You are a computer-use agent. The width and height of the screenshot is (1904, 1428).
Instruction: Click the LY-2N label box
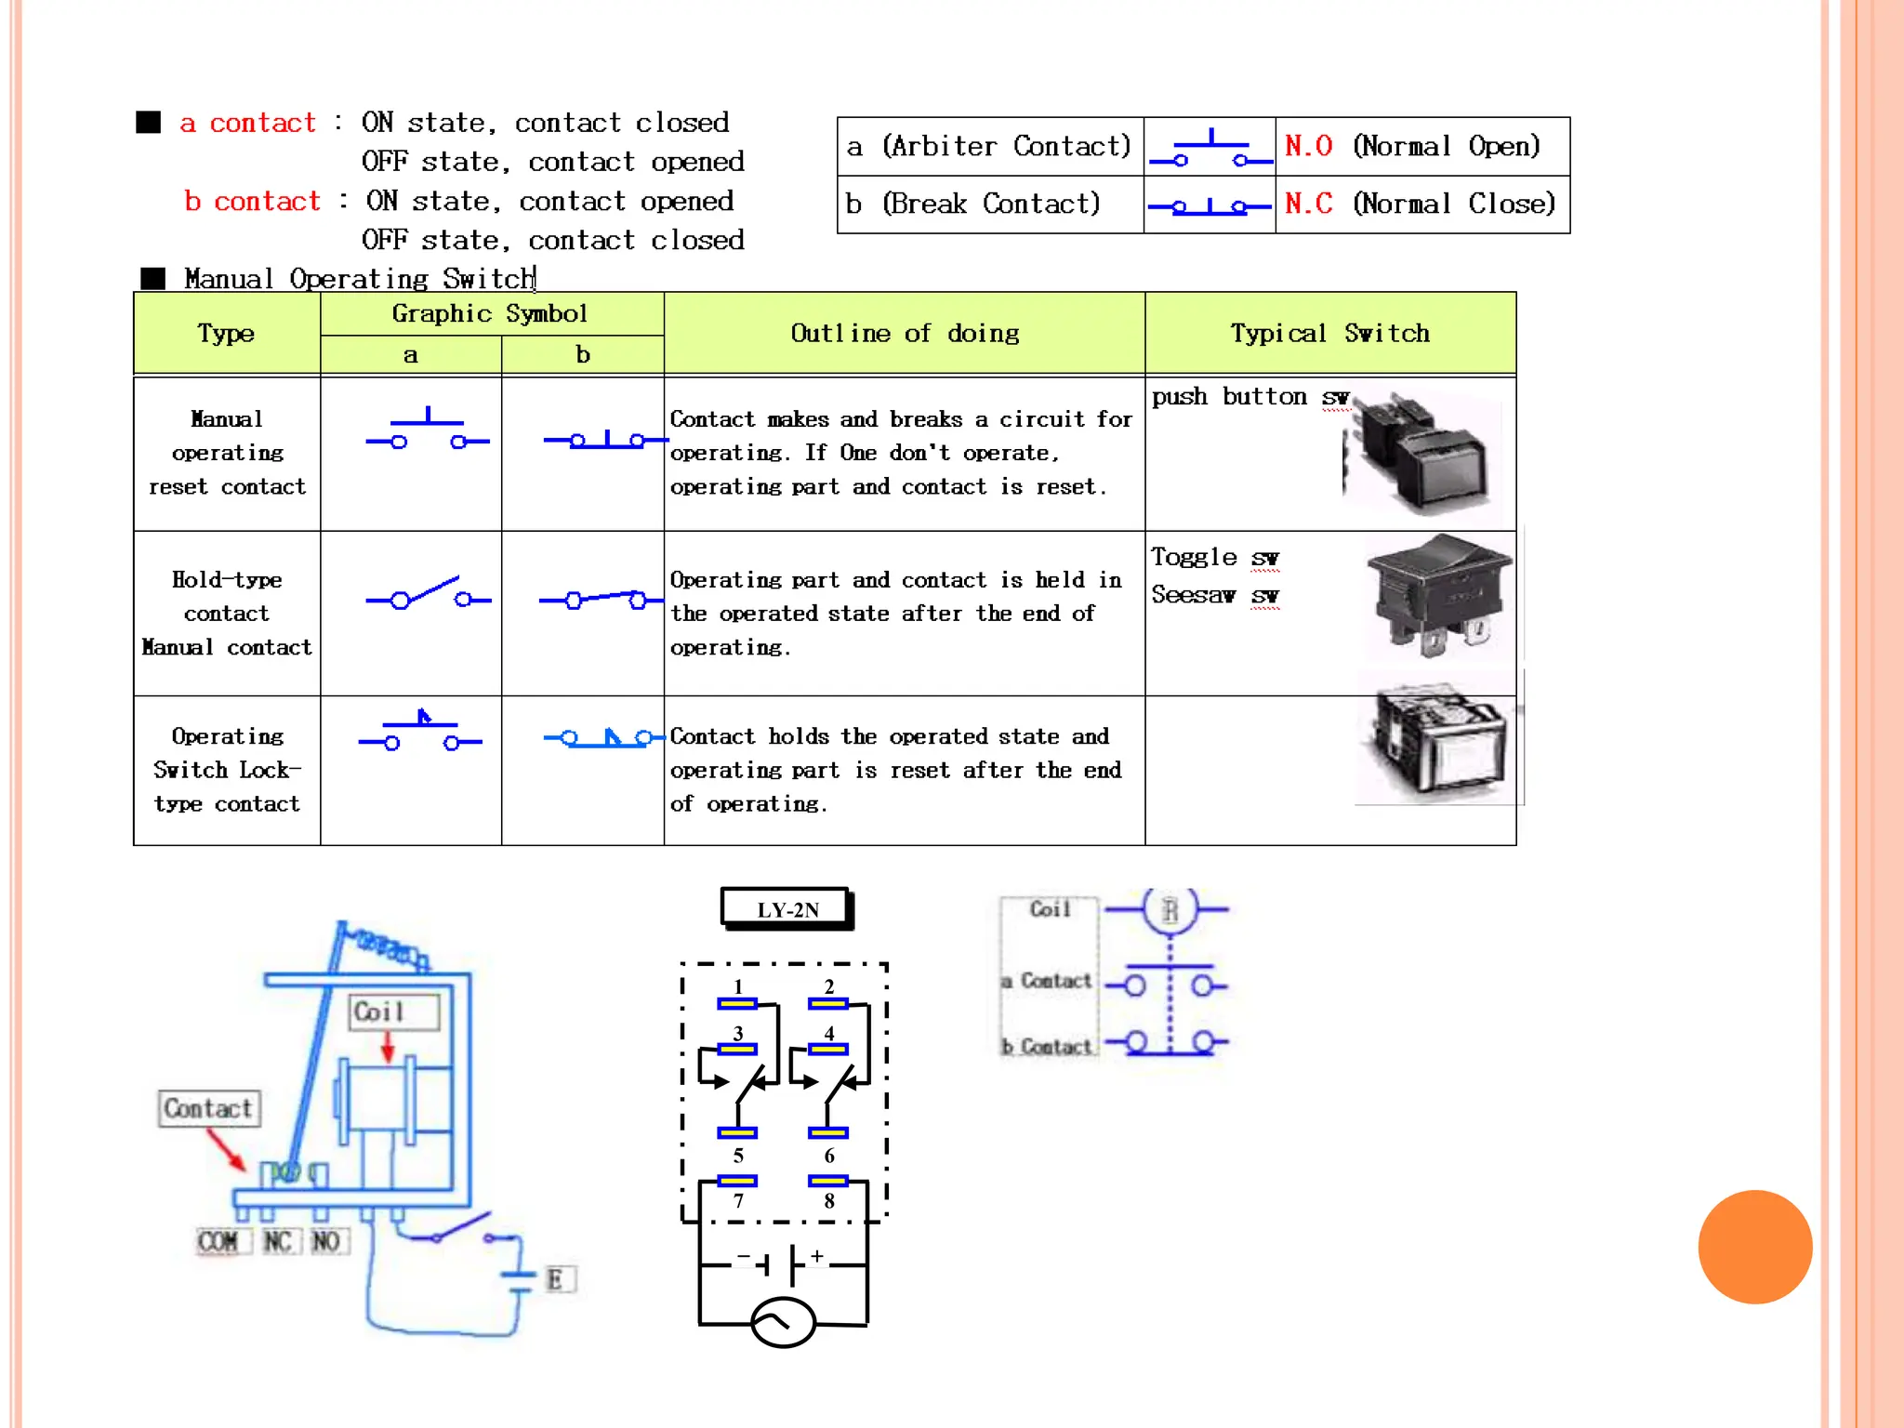[787, 908]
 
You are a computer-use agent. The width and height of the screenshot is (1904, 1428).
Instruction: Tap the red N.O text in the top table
[1308, 146]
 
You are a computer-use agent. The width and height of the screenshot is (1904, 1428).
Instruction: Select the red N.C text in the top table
[1308, 204]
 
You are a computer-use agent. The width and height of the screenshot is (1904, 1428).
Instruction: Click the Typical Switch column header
[1329, 333]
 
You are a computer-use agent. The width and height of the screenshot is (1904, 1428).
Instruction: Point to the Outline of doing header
[904, 333]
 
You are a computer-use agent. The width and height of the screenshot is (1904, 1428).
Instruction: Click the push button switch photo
[1421, 452]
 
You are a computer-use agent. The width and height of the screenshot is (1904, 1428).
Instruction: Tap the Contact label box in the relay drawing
[208, 1108]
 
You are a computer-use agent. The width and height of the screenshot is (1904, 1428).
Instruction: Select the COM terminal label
[218, 1241]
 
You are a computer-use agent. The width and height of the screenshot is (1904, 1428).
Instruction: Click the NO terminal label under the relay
[326, 1241]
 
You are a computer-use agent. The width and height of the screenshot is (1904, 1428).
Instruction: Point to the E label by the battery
[556, 1279]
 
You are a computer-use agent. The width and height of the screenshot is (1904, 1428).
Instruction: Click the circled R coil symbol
[1170, 909]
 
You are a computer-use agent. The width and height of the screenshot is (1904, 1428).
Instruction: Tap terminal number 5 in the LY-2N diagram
[738, 1156]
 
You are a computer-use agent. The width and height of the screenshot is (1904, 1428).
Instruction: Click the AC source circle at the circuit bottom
[783, 1321]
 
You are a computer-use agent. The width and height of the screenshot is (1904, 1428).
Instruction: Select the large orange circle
[1754, 1247]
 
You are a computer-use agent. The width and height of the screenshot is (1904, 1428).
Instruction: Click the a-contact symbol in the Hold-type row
[428, 595]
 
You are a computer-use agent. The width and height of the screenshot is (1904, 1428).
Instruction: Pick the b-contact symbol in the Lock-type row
[602, 738]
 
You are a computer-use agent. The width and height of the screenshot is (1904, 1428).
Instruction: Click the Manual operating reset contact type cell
[227, 453]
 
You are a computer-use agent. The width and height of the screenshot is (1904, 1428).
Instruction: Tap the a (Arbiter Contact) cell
[989, 146]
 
